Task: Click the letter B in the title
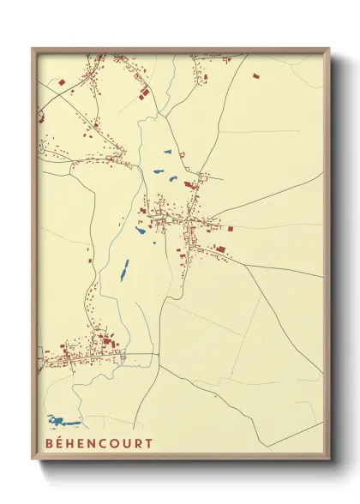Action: (x=45, y=443)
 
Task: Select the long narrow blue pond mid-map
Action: (x=123, y=271)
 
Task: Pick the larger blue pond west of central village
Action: (x=140, y=229)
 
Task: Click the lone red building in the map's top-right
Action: (x=255, y=75)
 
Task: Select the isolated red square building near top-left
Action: (x=62, y=82)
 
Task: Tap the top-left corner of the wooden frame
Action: (x=33, y=50)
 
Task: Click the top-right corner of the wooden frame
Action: (x=329, y=50)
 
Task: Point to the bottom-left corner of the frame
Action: (x=33, y=459)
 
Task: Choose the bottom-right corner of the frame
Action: (x=329, y=459)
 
